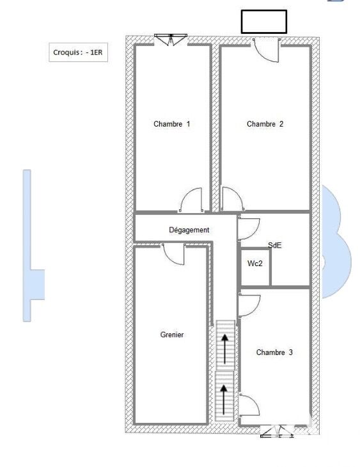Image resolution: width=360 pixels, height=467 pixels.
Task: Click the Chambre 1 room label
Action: (171, 123)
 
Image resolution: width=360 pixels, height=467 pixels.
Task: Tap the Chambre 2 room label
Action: (265, 123)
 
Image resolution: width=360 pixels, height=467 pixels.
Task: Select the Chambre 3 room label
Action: (274, 352)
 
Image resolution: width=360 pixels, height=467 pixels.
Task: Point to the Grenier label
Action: (172, 335)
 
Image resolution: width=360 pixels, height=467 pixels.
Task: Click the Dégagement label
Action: (189, 230)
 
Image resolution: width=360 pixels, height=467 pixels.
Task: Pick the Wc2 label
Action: (254, 264)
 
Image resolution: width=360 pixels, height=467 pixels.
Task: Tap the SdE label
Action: (274, 246)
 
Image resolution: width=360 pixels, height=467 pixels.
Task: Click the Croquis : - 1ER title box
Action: (78, 52)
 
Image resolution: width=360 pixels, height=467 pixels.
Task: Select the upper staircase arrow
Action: (224, 349)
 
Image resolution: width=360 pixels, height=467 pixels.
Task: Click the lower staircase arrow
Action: (224, 399)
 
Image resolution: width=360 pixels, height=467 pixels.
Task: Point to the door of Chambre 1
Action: (191, 200)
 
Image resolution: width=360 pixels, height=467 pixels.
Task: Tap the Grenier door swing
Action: (173, 254)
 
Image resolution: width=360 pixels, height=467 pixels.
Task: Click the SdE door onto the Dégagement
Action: (249, 229)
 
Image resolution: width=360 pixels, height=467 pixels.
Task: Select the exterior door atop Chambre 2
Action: (266, 50)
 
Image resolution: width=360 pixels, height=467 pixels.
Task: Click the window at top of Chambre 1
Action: (171, 40)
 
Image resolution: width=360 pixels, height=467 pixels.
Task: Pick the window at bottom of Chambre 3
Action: (277, 431)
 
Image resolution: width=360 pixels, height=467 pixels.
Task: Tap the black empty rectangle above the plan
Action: (264, 22)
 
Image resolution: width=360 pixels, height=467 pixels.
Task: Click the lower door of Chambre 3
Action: (249, 405)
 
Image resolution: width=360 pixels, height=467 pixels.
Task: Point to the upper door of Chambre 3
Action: (249, 306)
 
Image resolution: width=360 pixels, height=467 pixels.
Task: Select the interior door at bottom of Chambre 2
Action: (232, 199)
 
